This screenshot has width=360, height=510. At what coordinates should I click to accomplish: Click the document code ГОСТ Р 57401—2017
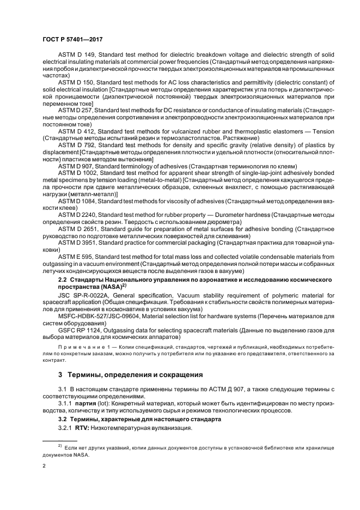pyautogui.click(x=72, y=40)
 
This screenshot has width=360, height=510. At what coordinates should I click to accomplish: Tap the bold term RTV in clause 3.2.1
pyautogui.click(x=82, y=429)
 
